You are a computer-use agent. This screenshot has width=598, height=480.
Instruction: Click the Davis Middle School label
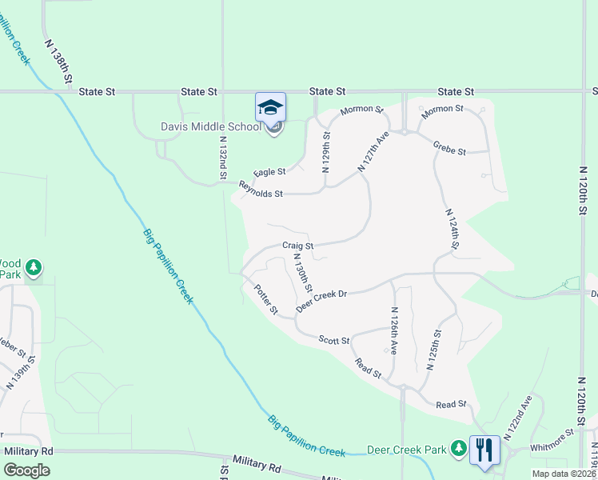pos(211,127)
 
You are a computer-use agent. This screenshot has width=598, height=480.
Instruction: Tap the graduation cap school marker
pos(270,107)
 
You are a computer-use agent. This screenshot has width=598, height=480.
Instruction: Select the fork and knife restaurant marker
pos(484,450)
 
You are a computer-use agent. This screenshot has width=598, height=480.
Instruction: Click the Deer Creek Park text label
pos(406,450)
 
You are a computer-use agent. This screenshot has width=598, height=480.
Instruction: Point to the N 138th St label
pos(59,62)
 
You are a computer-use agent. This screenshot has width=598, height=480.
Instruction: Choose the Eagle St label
pos(269,173)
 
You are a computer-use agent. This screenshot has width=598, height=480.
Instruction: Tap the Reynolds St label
pos(261,194)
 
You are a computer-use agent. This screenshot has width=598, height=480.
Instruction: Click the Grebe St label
pos(449,146)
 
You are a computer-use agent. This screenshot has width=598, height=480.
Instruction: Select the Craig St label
pos(297,246)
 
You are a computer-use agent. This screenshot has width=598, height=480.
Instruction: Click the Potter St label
pos(265,298)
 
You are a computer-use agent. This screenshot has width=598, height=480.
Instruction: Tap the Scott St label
pos(334,341)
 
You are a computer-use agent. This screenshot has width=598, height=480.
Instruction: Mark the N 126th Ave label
pos(393,328)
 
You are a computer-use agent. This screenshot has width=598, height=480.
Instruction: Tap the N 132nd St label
pos(223,157)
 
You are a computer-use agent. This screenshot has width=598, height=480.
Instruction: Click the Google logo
pos(26,470)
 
